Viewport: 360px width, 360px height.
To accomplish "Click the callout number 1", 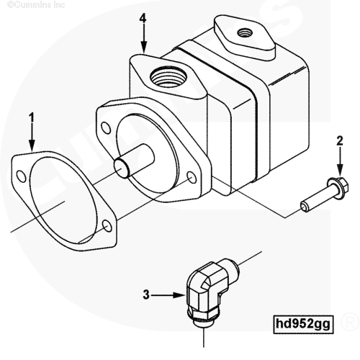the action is pos(32,118).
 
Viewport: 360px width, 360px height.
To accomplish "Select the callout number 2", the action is pos(340,141).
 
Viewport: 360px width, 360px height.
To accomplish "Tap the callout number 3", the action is pos(146,294).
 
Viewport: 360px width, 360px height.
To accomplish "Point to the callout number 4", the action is pos(143,18).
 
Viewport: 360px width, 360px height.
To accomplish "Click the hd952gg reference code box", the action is pos(304,324).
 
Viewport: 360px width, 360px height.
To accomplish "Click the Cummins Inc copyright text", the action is pos(36,4).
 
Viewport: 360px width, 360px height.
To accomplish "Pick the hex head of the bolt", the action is pos(340,188).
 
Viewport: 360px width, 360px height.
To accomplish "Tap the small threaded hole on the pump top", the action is pos(243,32).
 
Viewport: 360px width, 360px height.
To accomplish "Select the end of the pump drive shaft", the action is pos(121,168).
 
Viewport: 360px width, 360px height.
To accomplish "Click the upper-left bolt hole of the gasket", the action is pos(22,176).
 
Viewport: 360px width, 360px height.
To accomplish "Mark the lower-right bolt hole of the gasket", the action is pos(107,226).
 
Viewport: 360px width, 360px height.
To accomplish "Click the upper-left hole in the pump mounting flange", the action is pos(106,128).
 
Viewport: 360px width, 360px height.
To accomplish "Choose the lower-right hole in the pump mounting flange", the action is pos(192,178).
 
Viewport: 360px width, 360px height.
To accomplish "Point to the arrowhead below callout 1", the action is pos(32,145).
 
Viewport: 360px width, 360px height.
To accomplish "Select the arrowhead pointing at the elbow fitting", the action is pos(179,295).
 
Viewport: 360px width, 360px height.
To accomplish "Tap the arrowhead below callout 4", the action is pos(143,47).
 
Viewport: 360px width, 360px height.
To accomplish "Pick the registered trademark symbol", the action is pos(350,322).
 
